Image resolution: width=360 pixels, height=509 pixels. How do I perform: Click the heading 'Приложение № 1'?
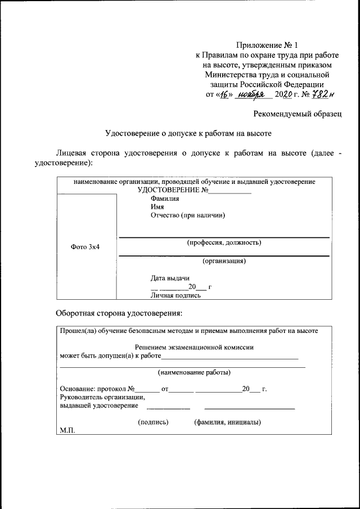pyautogui.click(x=267, y=44)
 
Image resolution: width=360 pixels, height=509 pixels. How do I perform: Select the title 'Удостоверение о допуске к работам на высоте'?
pyautogui.click(x=189, y=133)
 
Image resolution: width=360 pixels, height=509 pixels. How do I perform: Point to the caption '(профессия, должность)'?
pyautogui.click(x=224, y=243)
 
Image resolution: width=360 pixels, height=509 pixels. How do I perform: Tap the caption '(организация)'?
pyautogui.click(x=224, y=261)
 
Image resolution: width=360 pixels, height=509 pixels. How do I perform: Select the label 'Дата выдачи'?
pyautogui.click(x=170, y=278)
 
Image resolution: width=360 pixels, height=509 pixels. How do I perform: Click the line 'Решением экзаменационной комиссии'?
pyautogui.click(x=195, y=348)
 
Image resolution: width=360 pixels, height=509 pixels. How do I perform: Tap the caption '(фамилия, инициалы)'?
pyautogui.click(x=227, y=422)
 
